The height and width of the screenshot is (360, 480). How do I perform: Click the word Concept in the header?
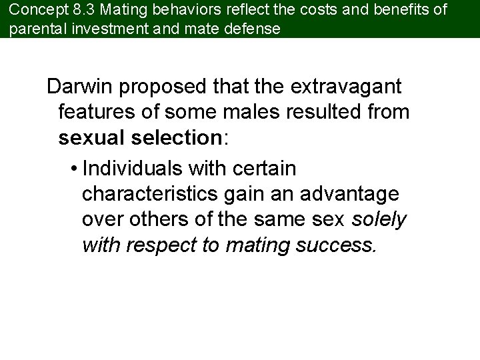click(x=33, y=11)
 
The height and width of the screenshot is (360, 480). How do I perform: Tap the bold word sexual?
click(x=90, y=137)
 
